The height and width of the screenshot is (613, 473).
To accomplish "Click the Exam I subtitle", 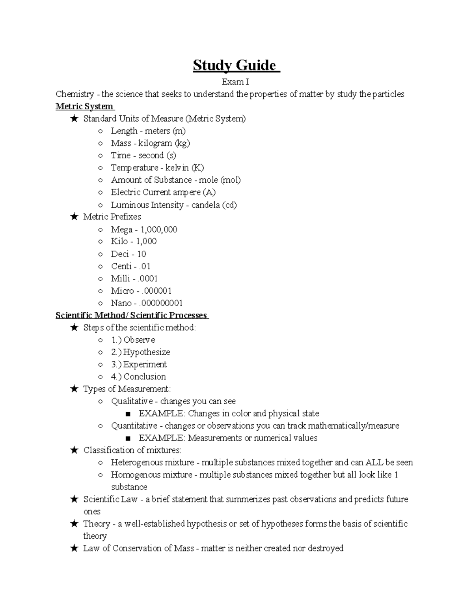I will coord(235,82).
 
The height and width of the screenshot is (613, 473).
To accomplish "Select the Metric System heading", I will coord(84,106).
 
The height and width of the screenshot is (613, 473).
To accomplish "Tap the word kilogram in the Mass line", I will coord(155,143).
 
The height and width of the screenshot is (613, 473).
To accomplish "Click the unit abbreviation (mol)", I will coord(230,180).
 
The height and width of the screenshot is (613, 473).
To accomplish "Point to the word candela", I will coord(205,205).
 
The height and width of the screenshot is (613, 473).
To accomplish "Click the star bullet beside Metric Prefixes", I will coord(74,217).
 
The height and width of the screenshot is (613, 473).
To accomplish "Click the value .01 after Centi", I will coord(145,266).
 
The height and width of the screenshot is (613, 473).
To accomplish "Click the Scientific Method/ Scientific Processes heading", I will coord(131,315).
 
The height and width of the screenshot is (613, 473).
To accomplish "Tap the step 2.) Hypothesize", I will coord(140,352).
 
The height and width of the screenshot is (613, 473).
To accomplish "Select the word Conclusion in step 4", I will coord(145,377).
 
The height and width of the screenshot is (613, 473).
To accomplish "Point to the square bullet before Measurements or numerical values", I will coord(127,438).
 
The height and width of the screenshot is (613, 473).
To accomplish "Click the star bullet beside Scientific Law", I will coord(74,499).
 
